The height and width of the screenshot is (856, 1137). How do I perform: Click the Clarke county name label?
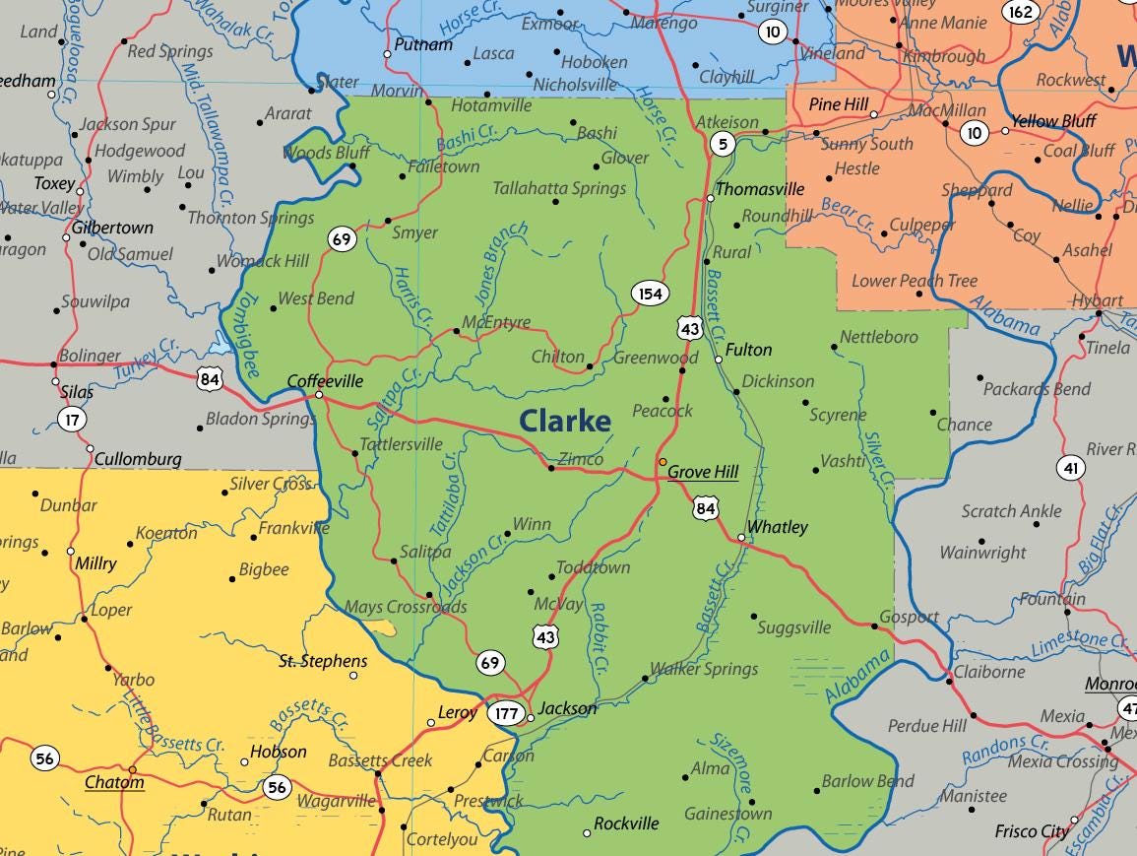click(x=565, y=421)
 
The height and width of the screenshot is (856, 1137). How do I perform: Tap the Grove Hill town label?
click(x=703, y=473)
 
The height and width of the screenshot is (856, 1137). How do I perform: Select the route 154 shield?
click(x=650, y=294)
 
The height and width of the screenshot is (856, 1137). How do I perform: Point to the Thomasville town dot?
click(x=711, y=199)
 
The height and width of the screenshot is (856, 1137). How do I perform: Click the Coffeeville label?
click(x=325, y=381)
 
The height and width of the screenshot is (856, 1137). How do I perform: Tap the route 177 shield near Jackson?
click(x=506, y=713)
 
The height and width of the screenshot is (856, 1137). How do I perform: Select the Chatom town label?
click(x=114, y=783)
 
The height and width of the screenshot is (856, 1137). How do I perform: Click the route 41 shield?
click(x=1071, y=468)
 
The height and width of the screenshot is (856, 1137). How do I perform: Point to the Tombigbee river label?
click(x=245, y=335)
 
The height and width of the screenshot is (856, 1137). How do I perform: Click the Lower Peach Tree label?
click(x=915, y=281)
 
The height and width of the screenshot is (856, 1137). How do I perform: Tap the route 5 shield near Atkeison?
click(x=723, y=145)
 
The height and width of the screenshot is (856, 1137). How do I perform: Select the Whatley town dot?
click(x=741, y=537)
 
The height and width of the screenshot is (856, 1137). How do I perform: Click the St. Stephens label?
click(x=323, y=661)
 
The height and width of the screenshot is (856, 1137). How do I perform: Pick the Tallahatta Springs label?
click(x=559, y=188)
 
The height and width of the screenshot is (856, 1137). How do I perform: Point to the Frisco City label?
click(x=1032, y=831)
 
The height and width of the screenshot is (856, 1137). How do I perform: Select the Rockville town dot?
click(x=588, y=833)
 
